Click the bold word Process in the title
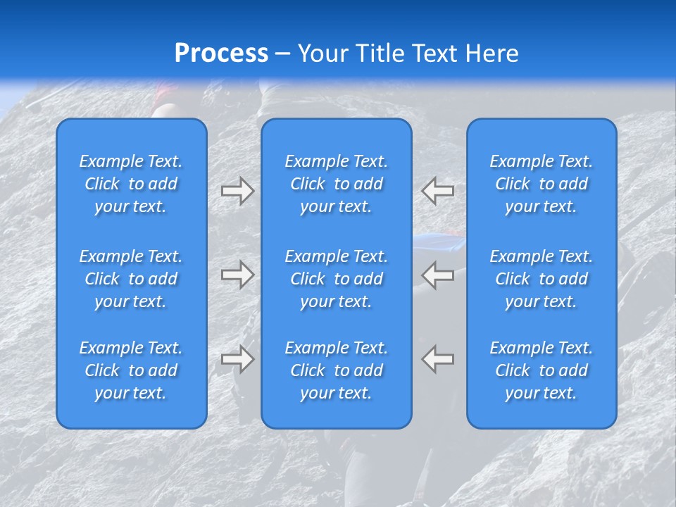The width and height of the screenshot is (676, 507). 221,54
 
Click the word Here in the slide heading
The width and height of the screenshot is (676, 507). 492,54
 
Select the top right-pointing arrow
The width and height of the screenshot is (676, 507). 237,191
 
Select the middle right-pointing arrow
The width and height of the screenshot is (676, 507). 237,275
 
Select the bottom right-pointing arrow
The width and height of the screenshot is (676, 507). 237,359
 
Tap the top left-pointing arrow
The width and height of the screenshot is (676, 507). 438,191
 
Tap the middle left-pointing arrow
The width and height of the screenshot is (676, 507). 438,275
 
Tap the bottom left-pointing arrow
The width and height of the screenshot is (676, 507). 438,359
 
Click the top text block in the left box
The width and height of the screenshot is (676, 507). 131,184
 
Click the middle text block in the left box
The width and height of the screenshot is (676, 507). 131,279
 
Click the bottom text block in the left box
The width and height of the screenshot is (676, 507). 131,370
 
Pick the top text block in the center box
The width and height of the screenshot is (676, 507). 336,184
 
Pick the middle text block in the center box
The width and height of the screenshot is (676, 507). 336,279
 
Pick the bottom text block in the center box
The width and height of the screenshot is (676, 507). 336,370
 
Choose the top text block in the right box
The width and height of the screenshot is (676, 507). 541,184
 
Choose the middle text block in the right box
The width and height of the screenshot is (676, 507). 541,279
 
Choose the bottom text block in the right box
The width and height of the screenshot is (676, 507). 541,370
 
